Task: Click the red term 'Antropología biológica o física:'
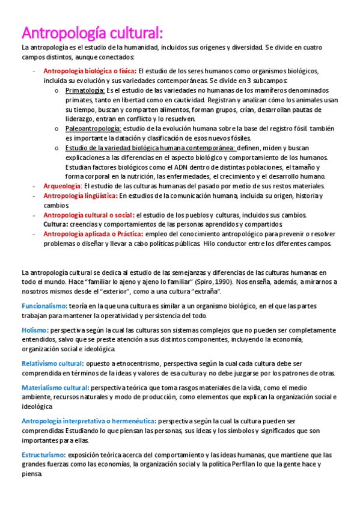(x=90, y=70)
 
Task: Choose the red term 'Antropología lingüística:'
(x=80, y=195)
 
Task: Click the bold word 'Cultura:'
(x=55, y=224)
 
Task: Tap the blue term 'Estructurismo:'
(x=44, y=455)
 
